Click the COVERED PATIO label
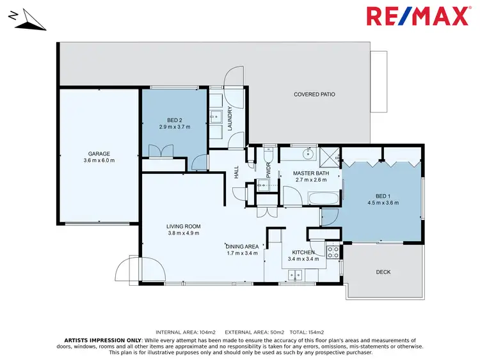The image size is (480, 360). (314, 95)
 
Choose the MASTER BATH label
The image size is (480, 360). (311, 173)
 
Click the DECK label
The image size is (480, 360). (383, 272)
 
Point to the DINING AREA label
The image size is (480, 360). (241, 246)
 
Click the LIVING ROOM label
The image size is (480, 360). (184, 226)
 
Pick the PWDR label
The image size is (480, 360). (269, 170)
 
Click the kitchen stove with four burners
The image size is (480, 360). (333, 252)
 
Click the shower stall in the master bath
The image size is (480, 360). (330, 153)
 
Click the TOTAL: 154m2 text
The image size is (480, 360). (308, 333)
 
